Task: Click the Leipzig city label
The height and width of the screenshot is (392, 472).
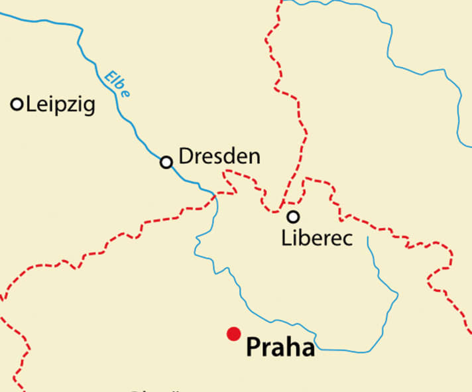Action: click(x=60, y=104)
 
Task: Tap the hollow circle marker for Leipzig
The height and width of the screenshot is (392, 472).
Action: click(x=17, y=103)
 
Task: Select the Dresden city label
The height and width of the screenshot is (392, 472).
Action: click(x=219, y=157)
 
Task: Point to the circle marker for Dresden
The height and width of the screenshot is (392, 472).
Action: click(x=166, y=162)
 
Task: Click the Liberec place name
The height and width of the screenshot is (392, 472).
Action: click(x=317, y=237)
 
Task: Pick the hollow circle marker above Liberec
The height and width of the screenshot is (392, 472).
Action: click(x=292, y=216)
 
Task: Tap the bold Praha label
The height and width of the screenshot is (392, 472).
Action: click(x=280, y=347)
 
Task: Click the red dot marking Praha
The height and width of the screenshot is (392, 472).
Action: click(x=233, y=334)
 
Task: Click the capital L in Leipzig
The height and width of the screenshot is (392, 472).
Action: click(x=30, y=104)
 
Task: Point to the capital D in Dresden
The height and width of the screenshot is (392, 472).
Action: click(x=186, y=157)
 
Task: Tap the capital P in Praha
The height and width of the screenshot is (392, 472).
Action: click(x=254, y=347)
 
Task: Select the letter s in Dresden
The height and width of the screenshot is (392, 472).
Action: click(x=221, y=157)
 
